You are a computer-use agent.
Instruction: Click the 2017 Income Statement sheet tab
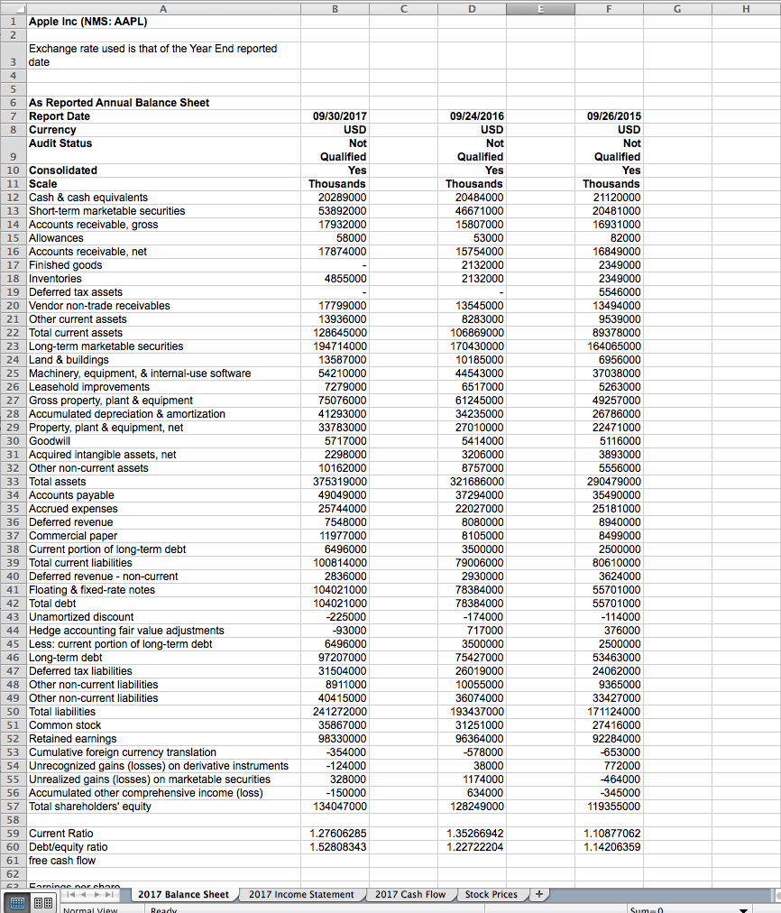click(x=301, y=894)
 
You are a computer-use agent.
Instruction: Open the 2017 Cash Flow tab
click(x=410, y=894)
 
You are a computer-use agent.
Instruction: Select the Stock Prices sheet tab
click(x=492, y=894)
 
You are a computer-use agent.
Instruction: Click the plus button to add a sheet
click(x=538, y=894)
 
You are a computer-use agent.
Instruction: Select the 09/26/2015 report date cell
click(x=613, y=116)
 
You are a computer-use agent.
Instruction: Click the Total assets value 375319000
click(x=337, y=482)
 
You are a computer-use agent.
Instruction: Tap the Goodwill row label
click(x=51, y=441)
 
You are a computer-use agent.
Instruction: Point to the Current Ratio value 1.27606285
click(x=337, y=834)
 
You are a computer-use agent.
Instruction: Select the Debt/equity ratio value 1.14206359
click(x=612, y=847)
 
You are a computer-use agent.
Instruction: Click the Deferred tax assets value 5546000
click(x=618, y=292)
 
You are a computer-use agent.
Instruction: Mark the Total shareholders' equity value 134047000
click(x=337, y=807)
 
